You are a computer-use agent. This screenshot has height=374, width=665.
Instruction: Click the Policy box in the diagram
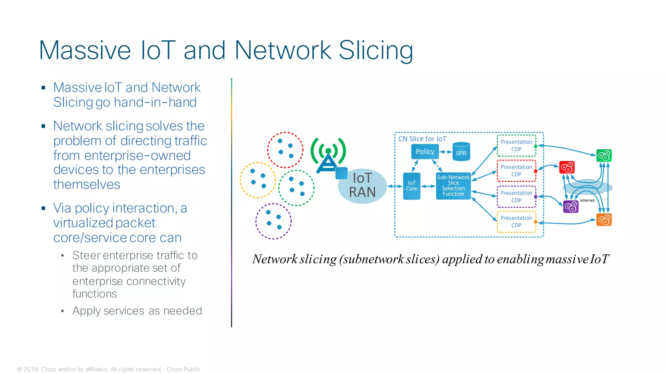pos(425,152)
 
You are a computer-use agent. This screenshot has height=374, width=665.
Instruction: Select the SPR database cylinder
pos(461,152)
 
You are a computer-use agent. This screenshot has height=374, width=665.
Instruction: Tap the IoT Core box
pos(411,186)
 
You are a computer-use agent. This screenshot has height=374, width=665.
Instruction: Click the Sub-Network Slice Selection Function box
pos(453,186)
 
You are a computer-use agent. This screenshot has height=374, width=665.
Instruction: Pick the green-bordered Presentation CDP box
pos(516,146)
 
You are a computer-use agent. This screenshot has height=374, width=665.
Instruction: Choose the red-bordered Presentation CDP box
pos(516,171)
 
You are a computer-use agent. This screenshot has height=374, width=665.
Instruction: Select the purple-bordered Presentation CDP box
pos(516,197)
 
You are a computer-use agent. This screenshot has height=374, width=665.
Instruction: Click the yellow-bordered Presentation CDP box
pos(516,222)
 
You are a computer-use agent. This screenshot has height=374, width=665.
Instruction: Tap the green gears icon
pos(604,156)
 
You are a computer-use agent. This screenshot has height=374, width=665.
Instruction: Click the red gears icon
pos(567,167)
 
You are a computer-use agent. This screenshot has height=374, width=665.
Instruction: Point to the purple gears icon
pos(571,207)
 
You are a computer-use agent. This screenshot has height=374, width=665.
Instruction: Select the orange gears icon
pos(604,220)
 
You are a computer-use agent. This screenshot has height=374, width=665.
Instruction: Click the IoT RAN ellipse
pos(362,186)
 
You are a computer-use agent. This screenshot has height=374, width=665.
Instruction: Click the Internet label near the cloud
pos(587,200)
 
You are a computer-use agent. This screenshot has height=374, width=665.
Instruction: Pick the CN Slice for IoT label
pos(422,139)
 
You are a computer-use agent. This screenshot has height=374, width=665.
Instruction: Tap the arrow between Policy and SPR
pos(445,152)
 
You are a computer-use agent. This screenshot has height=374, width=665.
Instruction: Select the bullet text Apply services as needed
pos(137,311)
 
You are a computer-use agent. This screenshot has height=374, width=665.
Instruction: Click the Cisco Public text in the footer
pos(183,369)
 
